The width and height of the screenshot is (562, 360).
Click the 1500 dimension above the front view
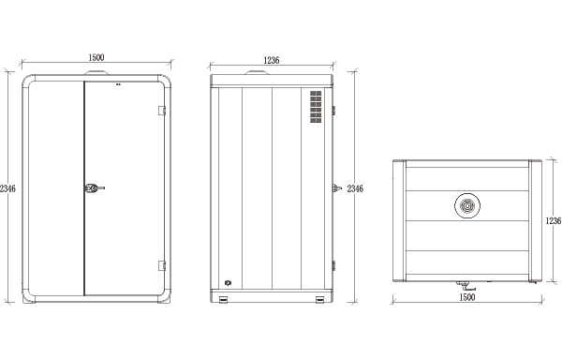click(x=96, y=57)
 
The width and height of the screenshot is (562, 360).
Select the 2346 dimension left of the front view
click(x=7, y=188)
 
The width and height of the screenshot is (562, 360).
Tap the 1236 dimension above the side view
click(x=272, y=60)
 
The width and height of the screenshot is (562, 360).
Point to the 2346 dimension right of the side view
click(x=355, y=188)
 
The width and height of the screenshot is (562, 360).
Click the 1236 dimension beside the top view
click(x=554, y=221)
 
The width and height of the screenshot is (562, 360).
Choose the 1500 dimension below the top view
click(x=467, y=297)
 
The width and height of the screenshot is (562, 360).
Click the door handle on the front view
click(x=95, y=187)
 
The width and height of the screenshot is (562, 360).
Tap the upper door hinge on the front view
click(x=162, y=111)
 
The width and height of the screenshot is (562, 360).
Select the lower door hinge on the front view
click(x=162, y=265)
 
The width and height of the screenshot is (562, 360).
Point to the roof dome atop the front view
click(x=96, y=73)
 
